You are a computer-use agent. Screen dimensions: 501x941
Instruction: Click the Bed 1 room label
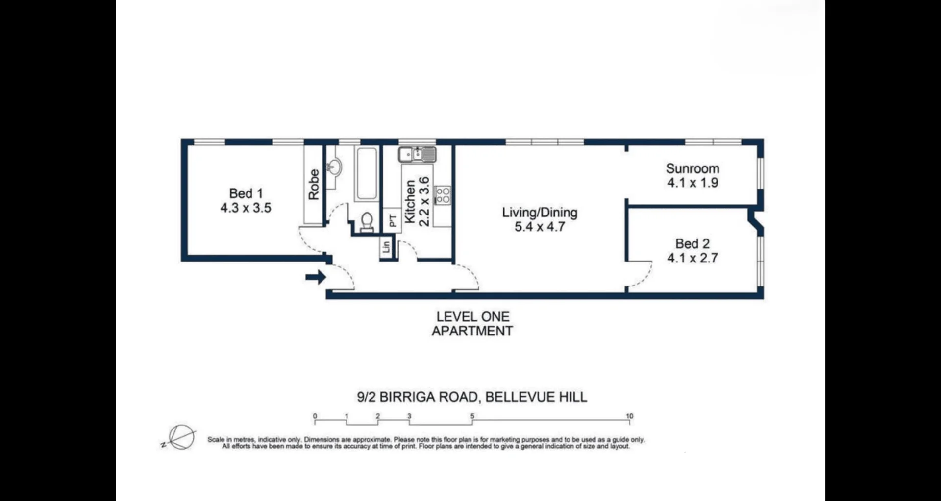(x=246, y=193)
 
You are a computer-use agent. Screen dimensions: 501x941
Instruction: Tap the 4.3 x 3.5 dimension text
(x=246, y=208)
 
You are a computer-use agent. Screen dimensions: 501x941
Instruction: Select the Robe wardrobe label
(x=314, y=185)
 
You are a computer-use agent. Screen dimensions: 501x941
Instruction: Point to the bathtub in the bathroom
(x=367, y=173)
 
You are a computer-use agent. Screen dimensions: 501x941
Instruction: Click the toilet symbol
(x=367, y=221)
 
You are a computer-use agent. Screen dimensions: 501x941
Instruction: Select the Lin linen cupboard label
(x=386, y=246)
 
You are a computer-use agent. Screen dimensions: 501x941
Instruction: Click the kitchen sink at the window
(x=417, y=155)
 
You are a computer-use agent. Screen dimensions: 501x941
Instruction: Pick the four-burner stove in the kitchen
(x=443, y=195)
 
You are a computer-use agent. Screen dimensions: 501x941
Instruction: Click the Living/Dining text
(x=540, y=213)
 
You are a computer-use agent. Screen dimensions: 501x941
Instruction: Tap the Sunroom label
(x=693, y=168)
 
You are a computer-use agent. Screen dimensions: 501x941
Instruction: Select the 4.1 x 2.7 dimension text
(x=693, y=258)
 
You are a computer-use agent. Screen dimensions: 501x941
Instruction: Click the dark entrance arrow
(x=316, y=277)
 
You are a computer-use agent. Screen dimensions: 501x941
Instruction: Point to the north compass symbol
(x=181, y=437)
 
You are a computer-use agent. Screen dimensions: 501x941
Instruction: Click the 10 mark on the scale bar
(x=629, y=416)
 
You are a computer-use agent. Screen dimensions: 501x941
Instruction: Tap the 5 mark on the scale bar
(x=472, y=416)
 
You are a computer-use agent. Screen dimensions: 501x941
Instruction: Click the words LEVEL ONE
(x=473, y=317)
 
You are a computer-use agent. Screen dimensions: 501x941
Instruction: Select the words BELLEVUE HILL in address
(x=536, y=397)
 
